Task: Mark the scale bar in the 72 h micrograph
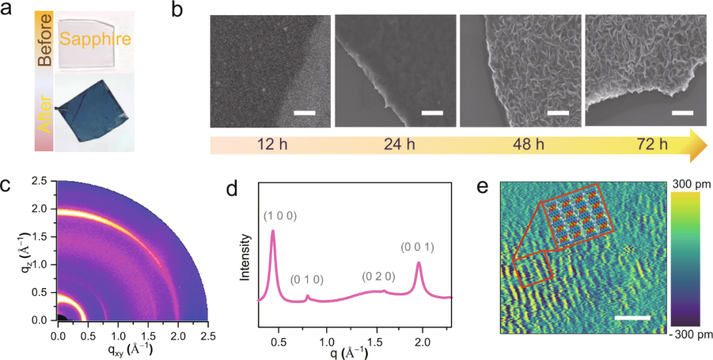click(x=683, y=113)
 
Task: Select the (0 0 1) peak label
click(x=419, y=248)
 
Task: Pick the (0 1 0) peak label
click(x=307, y=279)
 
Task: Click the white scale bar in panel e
click(x=632, y=318)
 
